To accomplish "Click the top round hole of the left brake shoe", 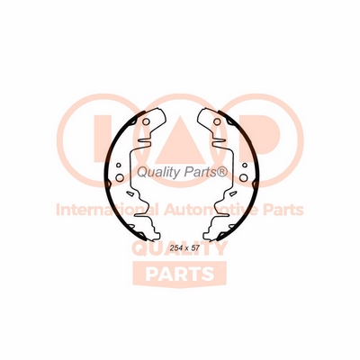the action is coord(146,122).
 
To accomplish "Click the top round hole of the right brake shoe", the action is coord(216,122).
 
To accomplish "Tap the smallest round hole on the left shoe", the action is coord(119,165).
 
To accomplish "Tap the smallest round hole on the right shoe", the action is coord(245,165).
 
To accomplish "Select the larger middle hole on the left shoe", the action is coord(120,177).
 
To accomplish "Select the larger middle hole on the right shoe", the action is coord(243,177).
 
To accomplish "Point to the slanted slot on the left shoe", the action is coord(130,193).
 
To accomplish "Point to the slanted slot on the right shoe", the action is coord(232,193).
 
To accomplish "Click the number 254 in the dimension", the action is coord(175,248).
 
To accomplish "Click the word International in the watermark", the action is coord(107,210).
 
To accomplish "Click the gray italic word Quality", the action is coord(157,173).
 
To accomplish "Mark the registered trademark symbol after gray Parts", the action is coord(222,172).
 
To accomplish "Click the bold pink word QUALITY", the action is coord(179,248).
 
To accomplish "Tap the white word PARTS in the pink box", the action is coord(180,273).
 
